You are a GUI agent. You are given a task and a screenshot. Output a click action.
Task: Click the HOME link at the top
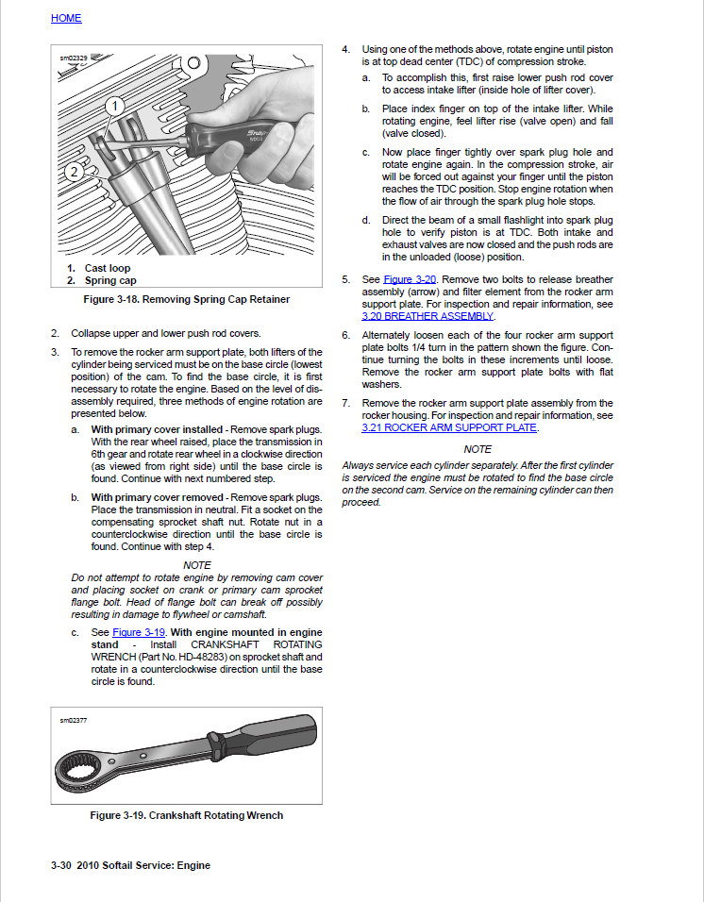tap(66, 18)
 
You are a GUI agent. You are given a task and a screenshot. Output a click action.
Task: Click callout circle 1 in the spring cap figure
tap(114, 107)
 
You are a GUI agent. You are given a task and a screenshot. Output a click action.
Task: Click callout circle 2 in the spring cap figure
tap(73, 172)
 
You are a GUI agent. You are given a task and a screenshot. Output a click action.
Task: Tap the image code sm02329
tap(74, 58)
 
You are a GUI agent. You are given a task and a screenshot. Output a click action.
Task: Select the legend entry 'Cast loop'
tap(108, 268)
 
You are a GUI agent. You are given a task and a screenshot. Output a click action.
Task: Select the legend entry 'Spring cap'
tap(110, 280)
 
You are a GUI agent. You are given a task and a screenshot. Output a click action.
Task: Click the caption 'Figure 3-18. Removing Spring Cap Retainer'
tap(186, 299)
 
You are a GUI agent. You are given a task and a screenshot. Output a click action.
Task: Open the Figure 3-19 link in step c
tap(139, 632)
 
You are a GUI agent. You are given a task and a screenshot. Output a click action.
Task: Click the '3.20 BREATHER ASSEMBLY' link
tap(427, 316)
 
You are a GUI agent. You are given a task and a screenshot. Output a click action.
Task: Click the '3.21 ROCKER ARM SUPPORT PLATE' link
tap(448, 427)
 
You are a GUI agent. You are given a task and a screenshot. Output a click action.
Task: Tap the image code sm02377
tap(74, 721)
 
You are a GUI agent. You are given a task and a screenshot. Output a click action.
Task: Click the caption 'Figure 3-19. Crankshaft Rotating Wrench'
tap(186, 815)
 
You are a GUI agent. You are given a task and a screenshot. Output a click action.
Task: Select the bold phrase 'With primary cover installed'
tap(159, 429)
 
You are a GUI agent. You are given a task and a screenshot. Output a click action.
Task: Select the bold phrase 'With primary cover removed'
tap(158, 497)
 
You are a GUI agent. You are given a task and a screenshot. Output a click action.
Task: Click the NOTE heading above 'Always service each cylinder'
tap(478, 449)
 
